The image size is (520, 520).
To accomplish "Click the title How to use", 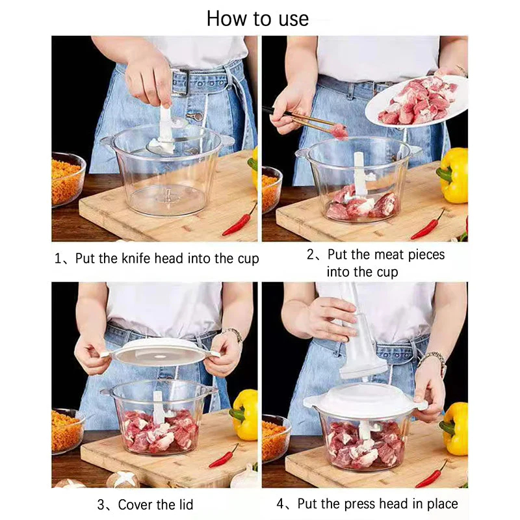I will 257,18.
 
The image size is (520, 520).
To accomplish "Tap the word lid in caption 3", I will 183,504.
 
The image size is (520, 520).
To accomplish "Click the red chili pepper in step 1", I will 239,221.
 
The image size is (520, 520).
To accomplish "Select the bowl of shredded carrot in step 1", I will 67,179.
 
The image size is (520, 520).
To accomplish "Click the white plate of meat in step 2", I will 417,100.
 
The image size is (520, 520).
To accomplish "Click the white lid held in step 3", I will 159,352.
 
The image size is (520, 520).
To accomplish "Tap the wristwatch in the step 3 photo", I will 233,334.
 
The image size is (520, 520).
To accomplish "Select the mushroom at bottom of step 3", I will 124,479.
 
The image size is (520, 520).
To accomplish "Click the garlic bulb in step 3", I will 246,478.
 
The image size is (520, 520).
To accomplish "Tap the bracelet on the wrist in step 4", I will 433,359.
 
